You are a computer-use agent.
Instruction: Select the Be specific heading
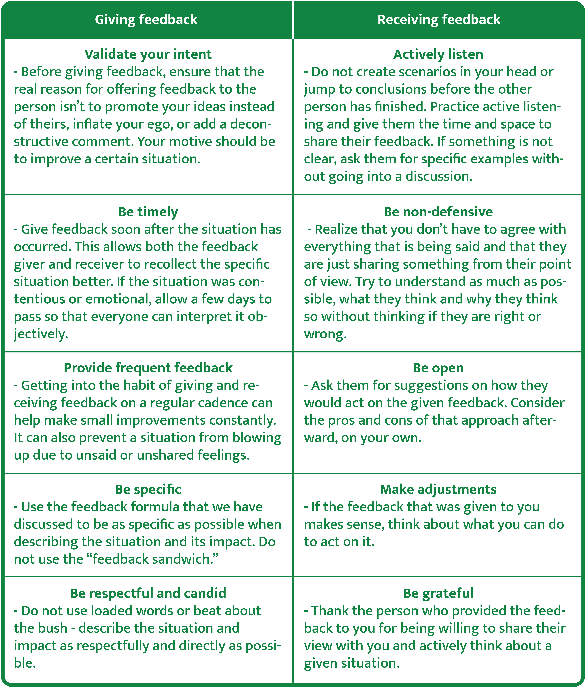[x=148, y=489]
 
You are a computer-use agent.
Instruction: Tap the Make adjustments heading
[x=438, y=489]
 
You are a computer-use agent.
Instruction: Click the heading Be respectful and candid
[x=148, y=593]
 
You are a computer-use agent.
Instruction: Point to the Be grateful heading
[x=438, y=593]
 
